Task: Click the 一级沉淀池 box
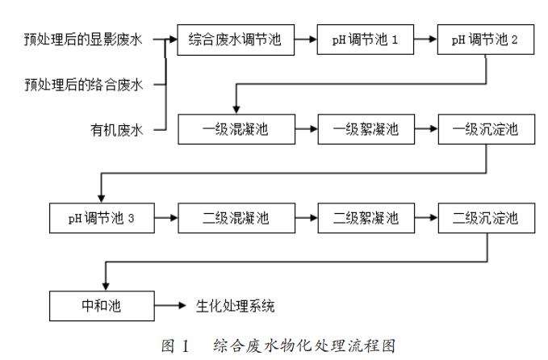click(x=486, y=128)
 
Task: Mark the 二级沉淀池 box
click(x=486, y=218)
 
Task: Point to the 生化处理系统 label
click(x=234, y=306)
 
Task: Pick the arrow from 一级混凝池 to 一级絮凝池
click(x=307, y=128)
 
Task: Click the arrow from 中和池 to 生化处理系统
click(x=169, y=306)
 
